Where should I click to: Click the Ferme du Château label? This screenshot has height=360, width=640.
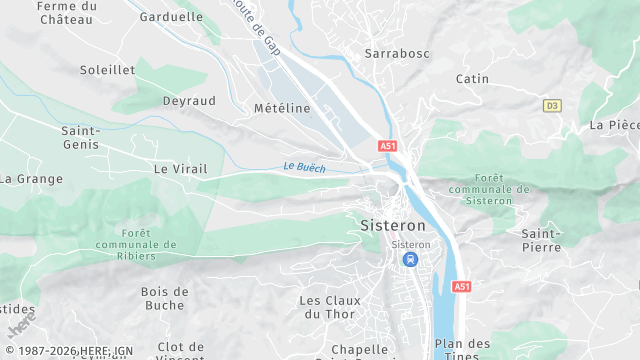(x=67, y=13)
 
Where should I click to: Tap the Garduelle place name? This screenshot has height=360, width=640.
(x=171, y=17)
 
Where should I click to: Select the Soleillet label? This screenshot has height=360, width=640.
(x=107, y=70)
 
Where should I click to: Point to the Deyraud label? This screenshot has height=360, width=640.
(x=189, y=101)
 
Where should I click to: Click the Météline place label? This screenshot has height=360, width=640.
(x=282, y=108)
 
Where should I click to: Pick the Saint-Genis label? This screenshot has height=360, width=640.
(x=80, y=137)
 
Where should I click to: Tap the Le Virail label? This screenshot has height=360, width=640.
(x=180, y=169)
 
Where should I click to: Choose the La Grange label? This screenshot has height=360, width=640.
(x=31, y=179)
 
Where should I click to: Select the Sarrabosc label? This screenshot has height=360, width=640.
(x=395, y=51)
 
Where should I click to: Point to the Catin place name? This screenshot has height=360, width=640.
(x=472, y=78)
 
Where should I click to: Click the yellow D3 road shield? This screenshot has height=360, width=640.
(x=552, y=105)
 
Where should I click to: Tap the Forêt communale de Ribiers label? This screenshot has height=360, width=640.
(x=137, y=244)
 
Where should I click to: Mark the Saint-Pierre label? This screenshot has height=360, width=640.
(x=541, y=239)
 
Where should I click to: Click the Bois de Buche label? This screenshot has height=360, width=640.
(x=164, y=298)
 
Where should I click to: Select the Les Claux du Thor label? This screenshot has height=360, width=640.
(x=327, y=307)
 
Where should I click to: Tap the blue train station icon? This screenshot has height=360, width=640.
(x=410, y=259)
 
